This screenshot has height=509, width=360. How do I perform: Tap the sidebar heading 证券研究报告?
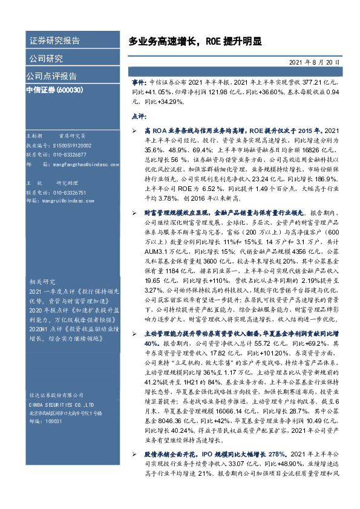point(54,41)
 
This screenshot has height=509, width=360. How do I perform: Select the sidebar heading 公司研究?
point(46,59)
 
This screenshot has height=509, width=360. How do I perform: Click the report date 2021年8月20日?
point(314,62)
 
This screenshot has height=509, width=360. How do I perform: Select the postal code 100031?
point(53,421)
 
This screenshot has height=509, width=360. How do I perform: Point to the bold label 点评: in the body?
point(139,115)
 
